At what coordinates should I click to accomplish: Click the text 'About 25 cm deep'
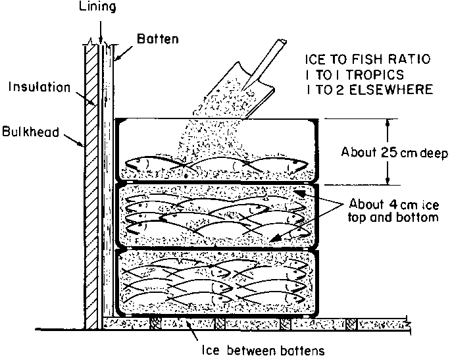coord(393,154)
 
